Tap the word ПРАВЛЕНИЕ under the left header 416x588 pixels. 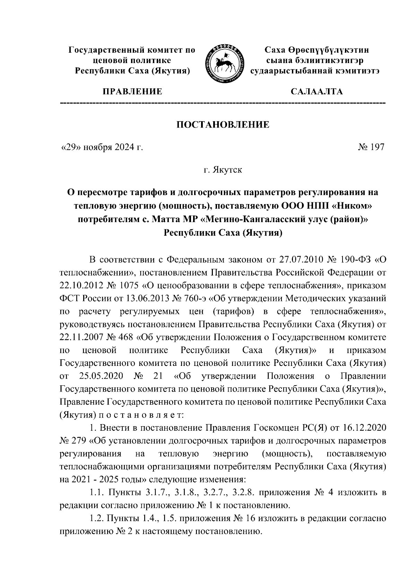[132, 92]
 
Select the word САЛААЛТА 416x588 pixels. [317, 92]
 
